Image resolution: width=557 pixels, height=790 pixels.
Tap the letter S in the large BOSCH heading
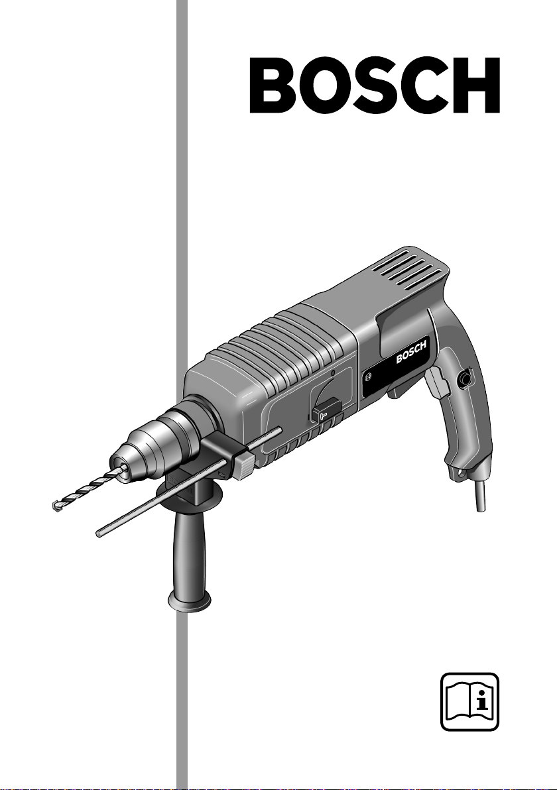(x=371, y=85)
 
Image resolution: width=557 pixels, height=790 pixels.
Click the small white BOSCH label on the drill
(x=411, y=352)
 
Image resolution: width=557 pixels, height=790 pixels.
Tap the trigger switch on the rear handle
(x=438, y=384)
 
